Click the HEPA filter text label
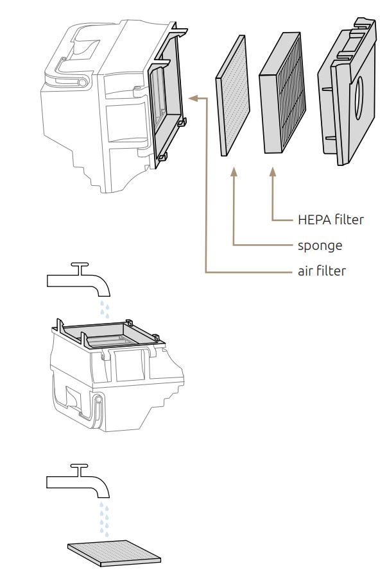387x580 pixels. coord(331,220)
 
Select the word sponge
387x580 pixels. coord(320,245)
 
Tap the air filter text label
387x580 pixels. coord(322,271)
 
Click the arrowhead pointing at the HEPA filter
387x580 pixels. coord(273,172)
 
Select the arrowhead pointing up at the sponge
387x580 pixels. coord(234,172)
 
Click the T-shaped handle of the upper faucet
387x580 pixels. coord(79,265)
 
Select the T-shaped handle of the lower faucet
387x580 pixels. coord(79,466)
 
